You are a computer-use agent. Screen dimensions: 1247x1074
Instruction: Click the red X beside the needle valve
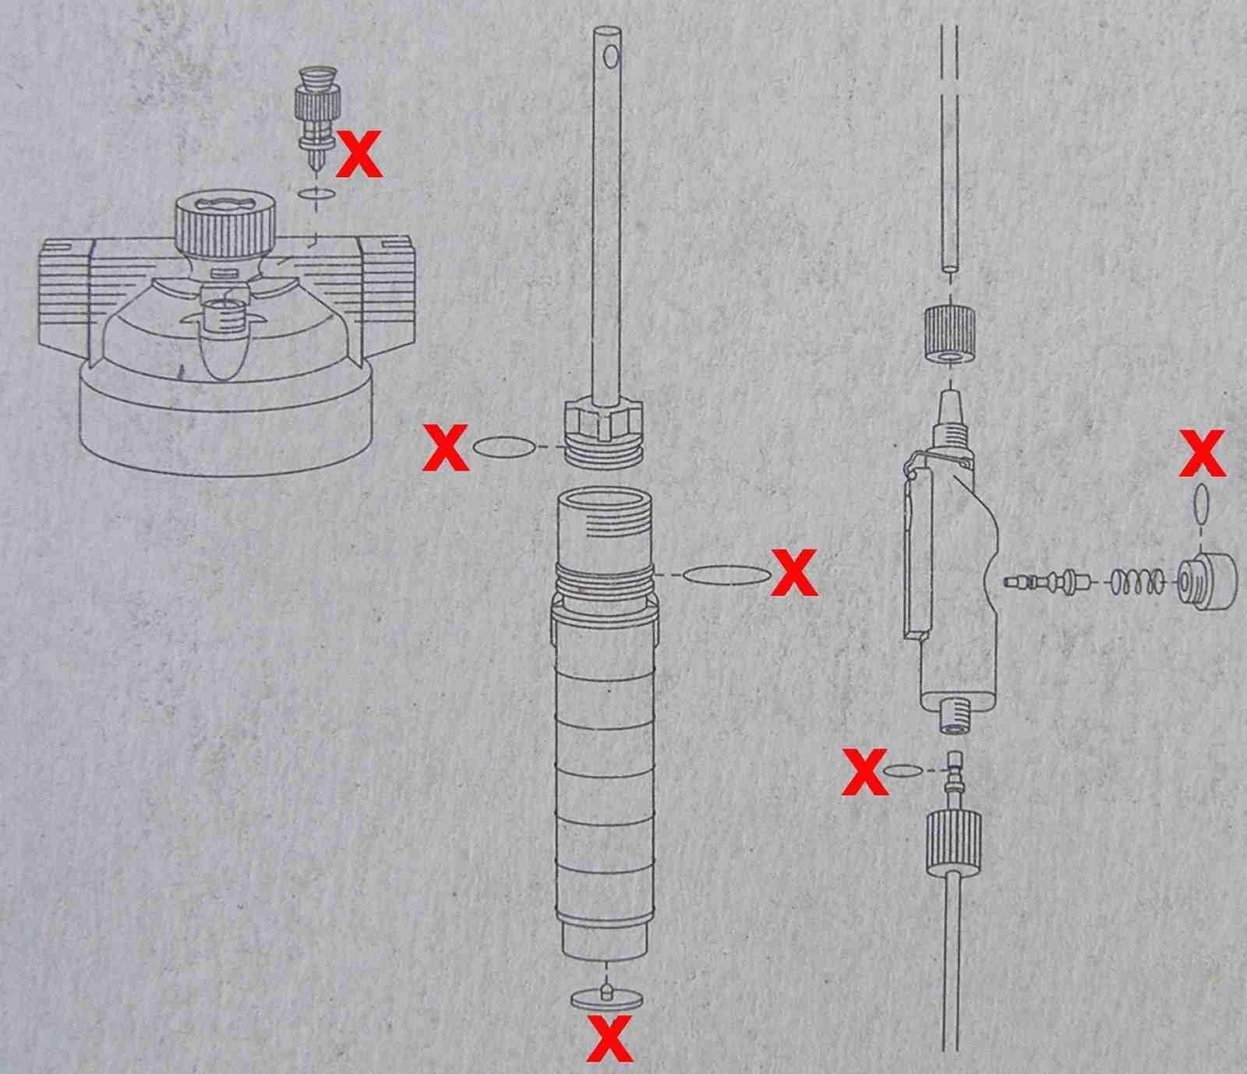tap(359, 153)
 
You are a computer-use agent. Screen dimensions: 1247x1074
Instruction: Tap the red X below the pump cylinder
tap(610, 1038)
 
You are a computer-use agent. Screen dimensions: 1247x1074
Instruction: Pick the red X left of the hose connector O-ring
tap(865, 772)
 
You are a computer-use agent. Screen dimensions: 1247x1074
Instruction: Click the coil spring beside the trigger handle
tap(1138, 581)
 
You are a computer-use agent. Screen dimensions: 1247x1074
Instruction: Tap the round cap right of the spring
tap(1206, 581)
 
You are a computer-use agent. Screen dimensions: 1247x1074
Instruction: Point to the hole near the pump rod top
tap(612, 56)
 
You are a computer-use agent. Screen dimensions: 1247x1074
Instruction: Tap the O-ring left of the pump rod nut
tap(504, 447)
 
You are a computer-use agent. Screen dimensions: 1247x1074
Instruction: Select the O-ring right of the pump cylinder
tap(726, 574)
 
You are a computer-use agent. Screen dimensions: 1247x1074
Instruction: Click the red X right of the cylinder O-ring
tap(794, 573)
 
